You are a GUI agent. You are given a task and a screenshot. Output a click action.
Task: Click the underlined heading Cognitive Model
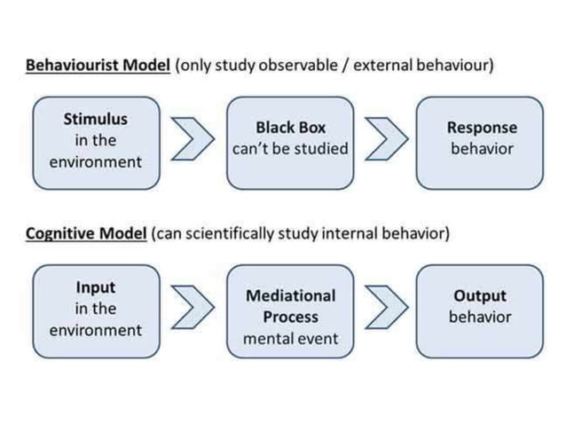pyautogui.click(x=86, y=234)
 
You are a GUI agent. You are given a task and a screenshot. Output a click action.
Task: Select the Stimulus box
pyautogui.click(x=95, y=141)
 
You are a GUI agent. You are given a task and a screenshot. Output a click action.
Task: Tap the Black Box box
pyautogui.click(x=290, y=141)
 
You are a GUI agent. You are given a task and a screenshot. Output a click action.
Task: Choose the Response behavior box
pyautogui.click(x=480, y=141)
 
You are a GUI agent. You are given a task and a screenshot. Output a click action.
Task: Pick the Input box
pyautogui.click(x=95, y=309)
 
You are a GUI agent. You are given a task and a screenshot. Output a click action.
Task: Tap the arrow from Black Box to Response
pyautogui.click(x=383, y=140)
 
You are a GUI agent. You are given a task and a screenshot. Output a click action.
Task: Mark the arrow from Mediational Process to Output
pyautogui.click(x=383, y=307)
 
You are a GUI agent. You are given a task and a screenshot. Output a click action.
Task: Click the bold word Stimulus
pyautogui.click(x=95, y=119)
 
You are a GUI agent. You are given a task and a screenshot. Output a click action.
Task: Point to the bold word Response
pyautogui.click(x=481, y=128)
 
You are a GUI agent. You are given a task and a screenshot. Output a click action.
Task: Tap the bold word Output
pyautogui.click(x=480, y=295)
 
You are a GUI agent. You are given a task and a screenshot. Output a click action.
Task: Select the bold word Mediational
pyautogui.click(x=291, y=295)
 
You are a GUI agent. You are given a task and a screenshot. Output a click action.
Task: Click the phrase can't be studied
pyautogui.click(x=290, y=149)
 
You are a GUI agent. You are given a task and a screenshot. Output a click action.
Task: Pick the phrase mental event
pyautogui.click(x=290, y=339)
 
